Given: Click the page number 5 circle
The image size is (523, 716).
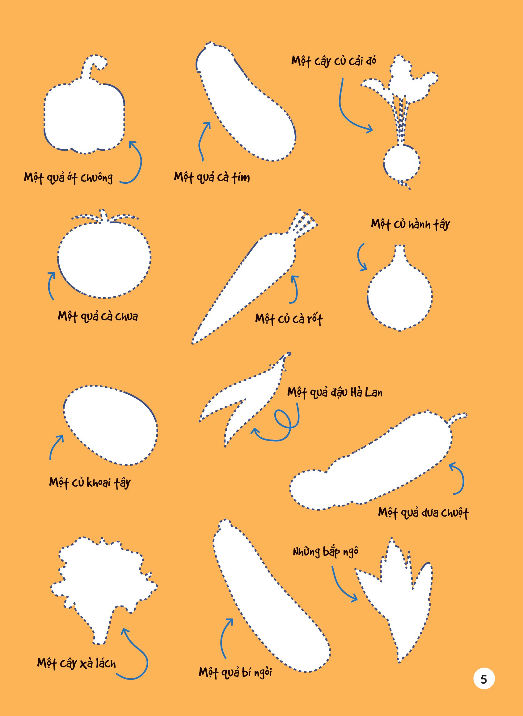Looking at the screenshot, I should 484,679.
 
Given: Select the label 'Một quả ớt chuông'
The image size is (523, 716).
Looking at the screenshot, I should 68,178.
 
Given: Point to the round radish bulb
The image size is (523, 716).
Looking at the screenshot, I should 401,164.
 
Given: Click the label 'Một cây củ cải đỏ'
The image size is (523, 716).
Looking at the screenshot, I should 334,61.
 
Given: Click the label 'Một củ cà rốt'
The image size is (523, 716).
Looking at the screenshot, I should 289,319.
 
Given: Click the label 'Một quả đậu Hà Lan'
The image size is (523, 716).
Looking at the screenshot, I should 335,392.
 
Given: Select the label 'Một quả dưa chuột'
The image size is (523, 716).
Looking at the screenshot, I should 423,512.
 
